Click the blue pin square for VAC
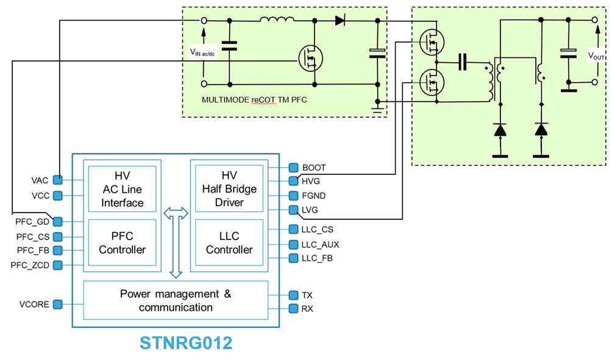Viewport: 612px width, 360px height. click(x=58, y=180)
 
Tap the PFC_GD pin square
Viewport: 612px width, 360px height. click(x=58, y=221)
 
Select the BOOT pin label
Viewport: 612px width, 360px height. click(x=314, y=168)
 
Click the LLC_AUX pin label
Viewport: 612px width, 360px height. click(x=320, y=244)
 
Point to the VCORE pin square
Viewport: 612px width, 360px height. click(x=58, y=304)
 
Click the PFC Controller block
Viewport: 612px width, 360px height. click(x=123, y=242)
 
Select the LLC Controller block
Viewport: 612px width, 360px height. click(x=229, y=242)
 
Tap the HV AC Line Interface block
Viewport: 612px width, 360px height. click(x=123, y=189)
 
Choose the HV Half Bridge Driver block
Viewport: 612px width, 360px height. click(x=229, y=189)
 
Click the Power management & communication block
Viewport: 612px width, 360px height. click(x=176, y=300)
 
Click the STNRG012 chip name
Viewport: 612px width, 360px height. click(x=186, y=343)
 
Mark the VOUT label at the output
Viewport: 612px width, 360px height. click(x=596, y=55)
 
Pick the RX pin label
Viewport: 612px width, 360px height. click(x=308, y=309)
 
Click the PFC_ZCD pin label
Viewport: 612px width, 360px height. click(x=33, y=265)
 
